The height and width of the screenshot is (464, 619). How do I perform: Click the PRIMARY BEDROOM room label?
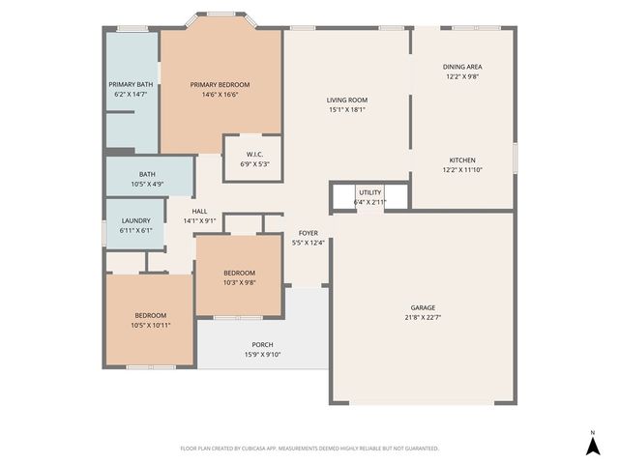pos(220,85)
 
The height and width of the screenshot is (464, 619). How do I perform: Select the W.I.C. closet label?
pos(254,155)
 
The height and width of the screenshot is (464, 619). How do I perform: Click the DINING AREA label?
pos(462,67)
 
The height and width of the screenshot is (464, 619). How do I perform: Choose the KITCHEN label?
pos(462,159)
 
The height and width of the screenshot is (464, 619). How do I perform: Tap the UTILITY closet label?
pos(370,192)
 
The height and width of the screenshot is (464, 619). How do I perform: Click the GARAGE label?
pos(423,306)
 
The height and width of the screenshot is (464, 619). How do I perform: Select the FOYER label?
pos(309,233)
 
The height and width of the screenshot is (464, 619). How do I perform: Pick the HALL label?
pos(199,211)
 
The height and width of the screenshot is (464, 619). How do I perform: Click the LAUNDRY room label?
pos(135,221)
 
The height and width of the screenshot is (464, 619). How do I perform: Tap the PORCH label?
pos(262,345)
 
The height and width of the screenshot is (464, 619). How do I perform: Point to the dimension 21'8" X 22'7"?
pos(423,317)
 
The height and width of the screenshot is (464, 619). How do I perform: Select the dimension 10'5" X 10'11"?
pos(151,325)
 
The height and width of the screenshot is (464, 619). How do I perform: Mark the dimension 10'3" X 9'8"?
pos(239,282)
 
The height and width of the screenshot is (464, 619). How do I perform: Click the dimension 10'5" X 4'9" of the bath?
pos(147,184)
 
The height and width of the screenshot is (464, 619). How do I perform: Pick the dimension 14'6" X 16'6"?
pos(220,95)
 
